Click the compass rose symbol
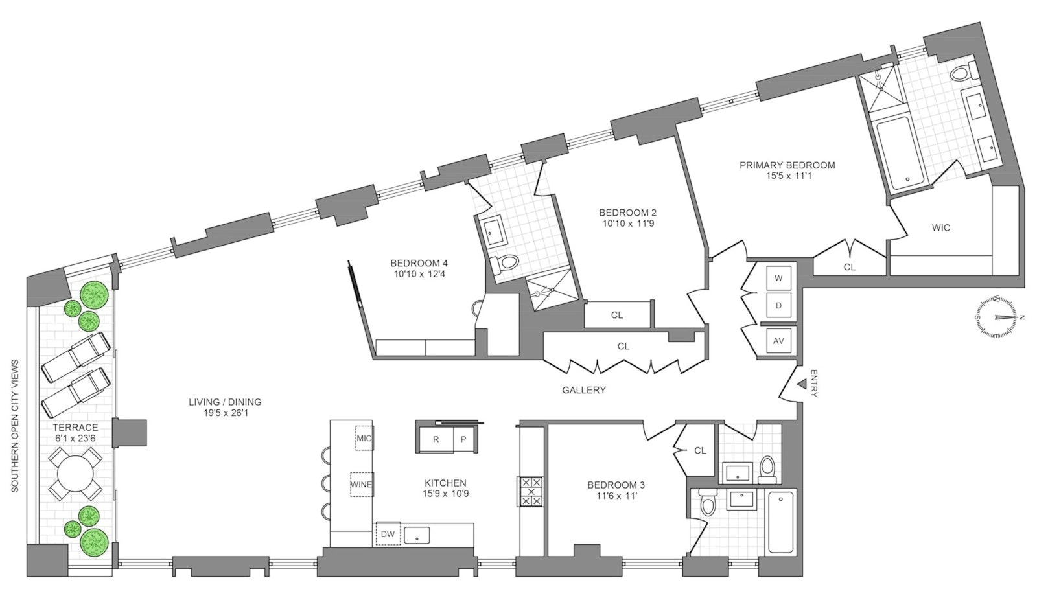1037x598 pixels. (998, 317)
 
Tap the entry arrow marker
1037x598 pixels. (801, 384)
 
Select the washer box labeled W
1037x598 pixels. (779, 278)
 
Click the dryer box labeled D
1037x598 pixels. (779, 305)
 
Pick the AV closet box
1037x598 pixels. (779, 341)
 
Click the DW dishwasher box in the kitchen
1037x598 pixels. (388, 534)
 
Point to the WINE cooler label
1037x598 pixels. (361, 484)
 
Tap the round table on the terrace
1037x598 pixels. (75, 477)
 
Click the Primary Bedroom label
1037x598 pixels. (787, 165)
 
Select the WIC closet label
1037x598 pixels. (940, 227)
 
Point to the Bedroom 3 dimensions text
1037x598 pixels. (616, 498)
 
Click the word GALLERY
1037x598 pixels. (583, 390)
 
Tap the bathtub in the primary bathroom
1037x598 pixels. (892, 153)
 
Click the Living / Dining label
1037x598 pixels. (224, 402)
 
